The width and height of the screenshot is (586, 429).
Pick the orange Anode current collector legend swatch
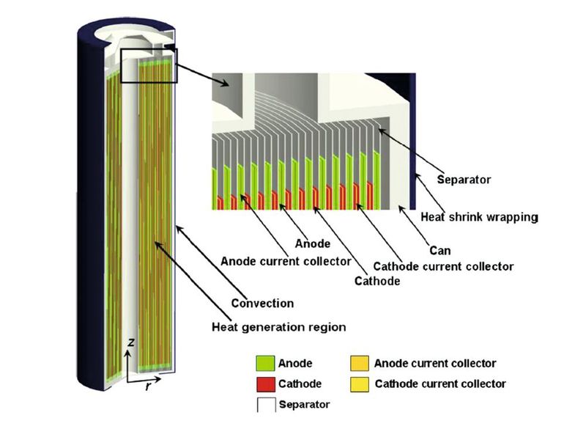coord(358,363)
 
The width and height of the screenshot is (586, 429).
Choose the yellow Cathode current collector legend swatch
coord(358,384)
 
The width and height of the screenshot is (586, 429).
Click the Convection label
coord(262,303)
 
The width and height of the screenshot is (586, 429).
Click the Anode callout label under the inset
coord(311,243)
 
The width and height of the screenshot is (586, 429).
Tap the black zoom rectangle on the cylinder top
coord(149,66)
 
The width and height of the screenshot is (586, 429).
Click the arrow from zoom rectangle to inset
coord(193,70)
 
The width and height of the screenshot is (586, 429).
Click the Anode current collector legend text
coord(435,363)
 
